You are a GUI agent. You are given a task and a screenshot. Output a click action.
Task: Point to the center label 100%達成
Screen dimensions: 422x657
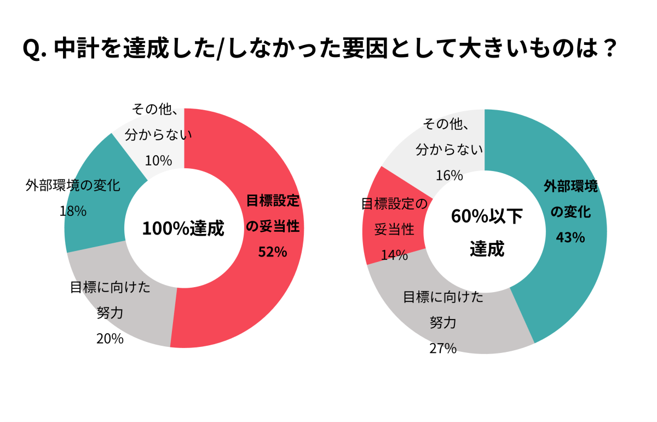click(x=183, y=229)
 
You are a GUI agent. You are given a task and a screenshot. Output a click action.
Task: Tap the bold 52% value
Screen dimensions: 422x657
click(x=273, y=252)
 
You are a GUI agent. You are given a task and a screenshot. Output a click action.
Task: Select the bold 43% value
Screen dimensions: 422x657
click(x=570, y=237)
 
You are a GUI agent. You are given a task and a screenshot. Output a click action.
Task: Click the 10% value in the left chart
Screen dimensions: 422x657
click(x=159, y=161)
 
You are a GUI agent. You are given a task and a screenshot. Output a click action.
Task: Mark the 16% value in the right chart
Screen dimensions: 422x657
click(x=449, y=175)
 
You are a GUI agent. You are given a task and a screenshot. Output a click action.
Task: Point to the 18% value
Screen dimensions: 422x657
click(x=73, y=210)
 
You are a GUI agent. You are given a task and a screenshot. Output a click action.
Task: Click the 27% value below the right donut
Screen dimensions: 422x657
click(x=443, y=348)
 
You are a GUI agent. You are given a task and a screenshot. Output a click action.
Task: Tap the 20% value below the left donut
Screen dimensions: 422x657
click(x=109, y=339)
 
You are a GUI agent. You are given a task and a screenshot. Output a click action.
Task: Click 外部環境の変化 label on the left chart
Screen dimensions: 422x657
click(x=73, y=185)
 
